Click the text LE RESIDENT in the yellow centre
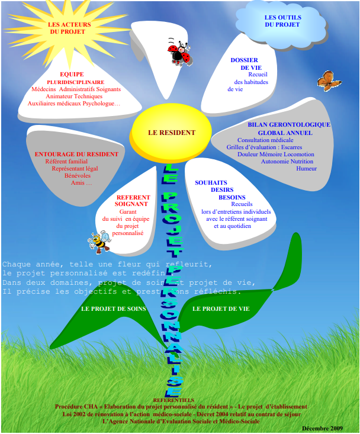pos(171,133)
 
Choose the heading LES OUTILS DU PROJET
pos(282,21)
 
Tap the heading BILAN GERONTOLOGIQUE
pos(289,125)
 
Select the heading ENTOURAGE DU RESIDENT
pos(76,154)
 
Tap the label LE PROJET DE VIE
pos(221,309)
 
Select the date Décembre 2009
pos(322,428)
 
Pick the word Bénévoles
pos(77,176)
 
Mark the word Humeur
pos(307,169)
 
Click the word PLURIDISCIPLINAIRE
pos(76,82)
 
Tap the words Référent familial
pos(66,161)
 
